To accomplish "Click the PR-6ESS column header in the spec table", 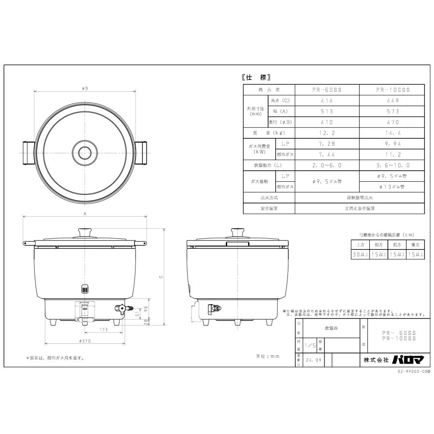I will click(x=327, y=90).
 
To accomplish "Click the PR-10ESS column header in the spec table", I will click(x=392, y=90).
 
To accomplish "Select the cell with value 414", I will click(x=327, y=101).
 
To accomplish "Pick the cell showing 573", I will click(x=392, y=111).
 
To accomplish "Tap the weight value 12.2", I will click(x=327, y=133).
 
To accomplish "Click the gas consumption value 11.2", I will click(x=392, y=154).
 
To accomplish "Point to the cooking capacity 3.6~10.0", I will click(x=392, y=165).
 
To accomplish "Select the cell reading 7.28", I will click(x=327, y=144).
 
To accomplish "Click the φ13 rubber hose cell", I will click(x=392, y=187).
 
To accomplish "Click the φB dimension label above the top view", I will click(x=85, y=88).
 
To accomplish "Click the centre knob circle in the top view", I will click(x=85, y=150).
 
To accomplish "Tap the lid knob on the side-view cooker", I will click(x=237, y=232).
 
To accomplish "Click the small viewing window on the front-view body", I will click(x=85, y=290).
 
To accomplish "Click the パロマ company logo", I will click(x=404, y=360).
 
